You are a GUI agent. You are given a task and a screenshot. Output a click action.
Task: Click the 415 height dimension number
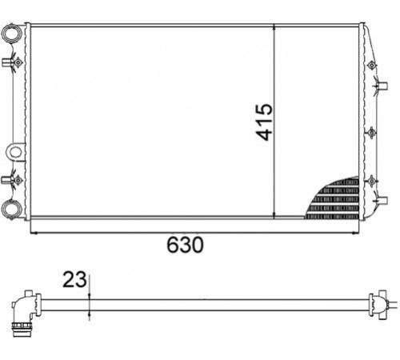point(264,122)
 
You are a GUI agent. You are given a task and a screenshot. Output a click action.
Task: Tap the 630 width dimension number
point(185,245)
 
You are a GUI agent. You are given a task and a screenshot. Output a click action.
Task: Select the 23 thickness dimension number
point(74,279)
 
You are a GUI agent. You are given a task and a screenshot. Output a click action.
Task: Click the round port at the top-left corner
point(11,33)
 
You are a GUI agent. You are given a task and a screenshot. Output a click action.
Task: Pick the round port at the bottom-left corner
point(11,209)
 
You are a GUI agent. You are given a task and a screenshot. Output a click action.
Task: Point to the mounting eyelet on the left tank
point(15,152)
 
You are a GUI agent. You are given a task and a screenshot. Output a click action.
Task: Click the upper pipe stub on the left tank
point(6,62)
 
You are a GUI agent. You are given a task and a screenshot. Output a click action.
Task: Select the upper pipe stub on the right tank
point(383,86)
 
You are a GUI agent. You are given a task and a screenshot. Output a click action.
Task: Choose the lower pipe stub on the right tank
point(383,200)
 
